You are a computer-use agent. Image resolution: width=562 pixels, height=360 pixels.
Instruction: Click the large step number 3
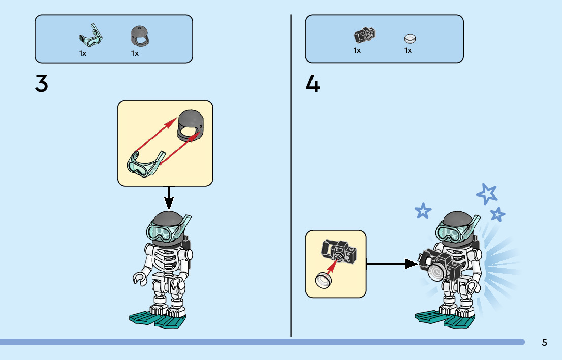[42, 84]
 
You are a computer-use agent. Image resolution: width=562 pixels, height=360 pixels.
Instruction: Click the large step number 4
[313, 84]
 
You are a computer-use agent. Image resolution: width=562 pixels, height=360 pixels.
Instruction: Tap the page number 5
[544, 342]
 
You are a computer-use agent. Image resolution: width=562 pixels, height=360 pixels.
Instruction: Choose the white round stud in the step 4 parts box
[410, 38]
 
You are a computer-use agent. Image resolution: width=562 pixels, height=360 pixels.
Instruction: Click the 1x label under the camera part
[357, 50]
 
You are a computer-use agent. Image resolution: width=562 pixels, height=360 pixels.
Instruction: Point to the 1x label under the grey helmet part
[135, 53]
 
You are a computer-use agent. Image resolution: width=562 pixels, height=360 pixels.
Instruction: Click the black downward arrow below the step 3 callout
[169, 198]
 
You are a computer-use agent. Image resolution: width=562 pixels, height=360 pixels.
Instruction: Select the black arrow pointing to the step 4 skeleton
[391, 264]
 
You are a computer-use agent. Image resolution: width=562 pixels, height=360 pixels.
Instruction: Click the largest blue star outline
[487, 193]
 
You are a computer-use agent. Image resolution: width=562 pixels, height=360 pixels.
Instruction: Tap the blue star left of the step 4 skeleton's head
[422, 211]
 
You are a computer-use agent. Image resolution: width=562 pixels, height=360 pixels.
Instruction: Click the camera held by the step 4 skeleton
[440, 267]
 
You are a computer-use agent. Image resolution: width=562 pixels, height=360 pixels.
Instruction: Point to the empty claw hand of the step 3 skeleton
[139, 278]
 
